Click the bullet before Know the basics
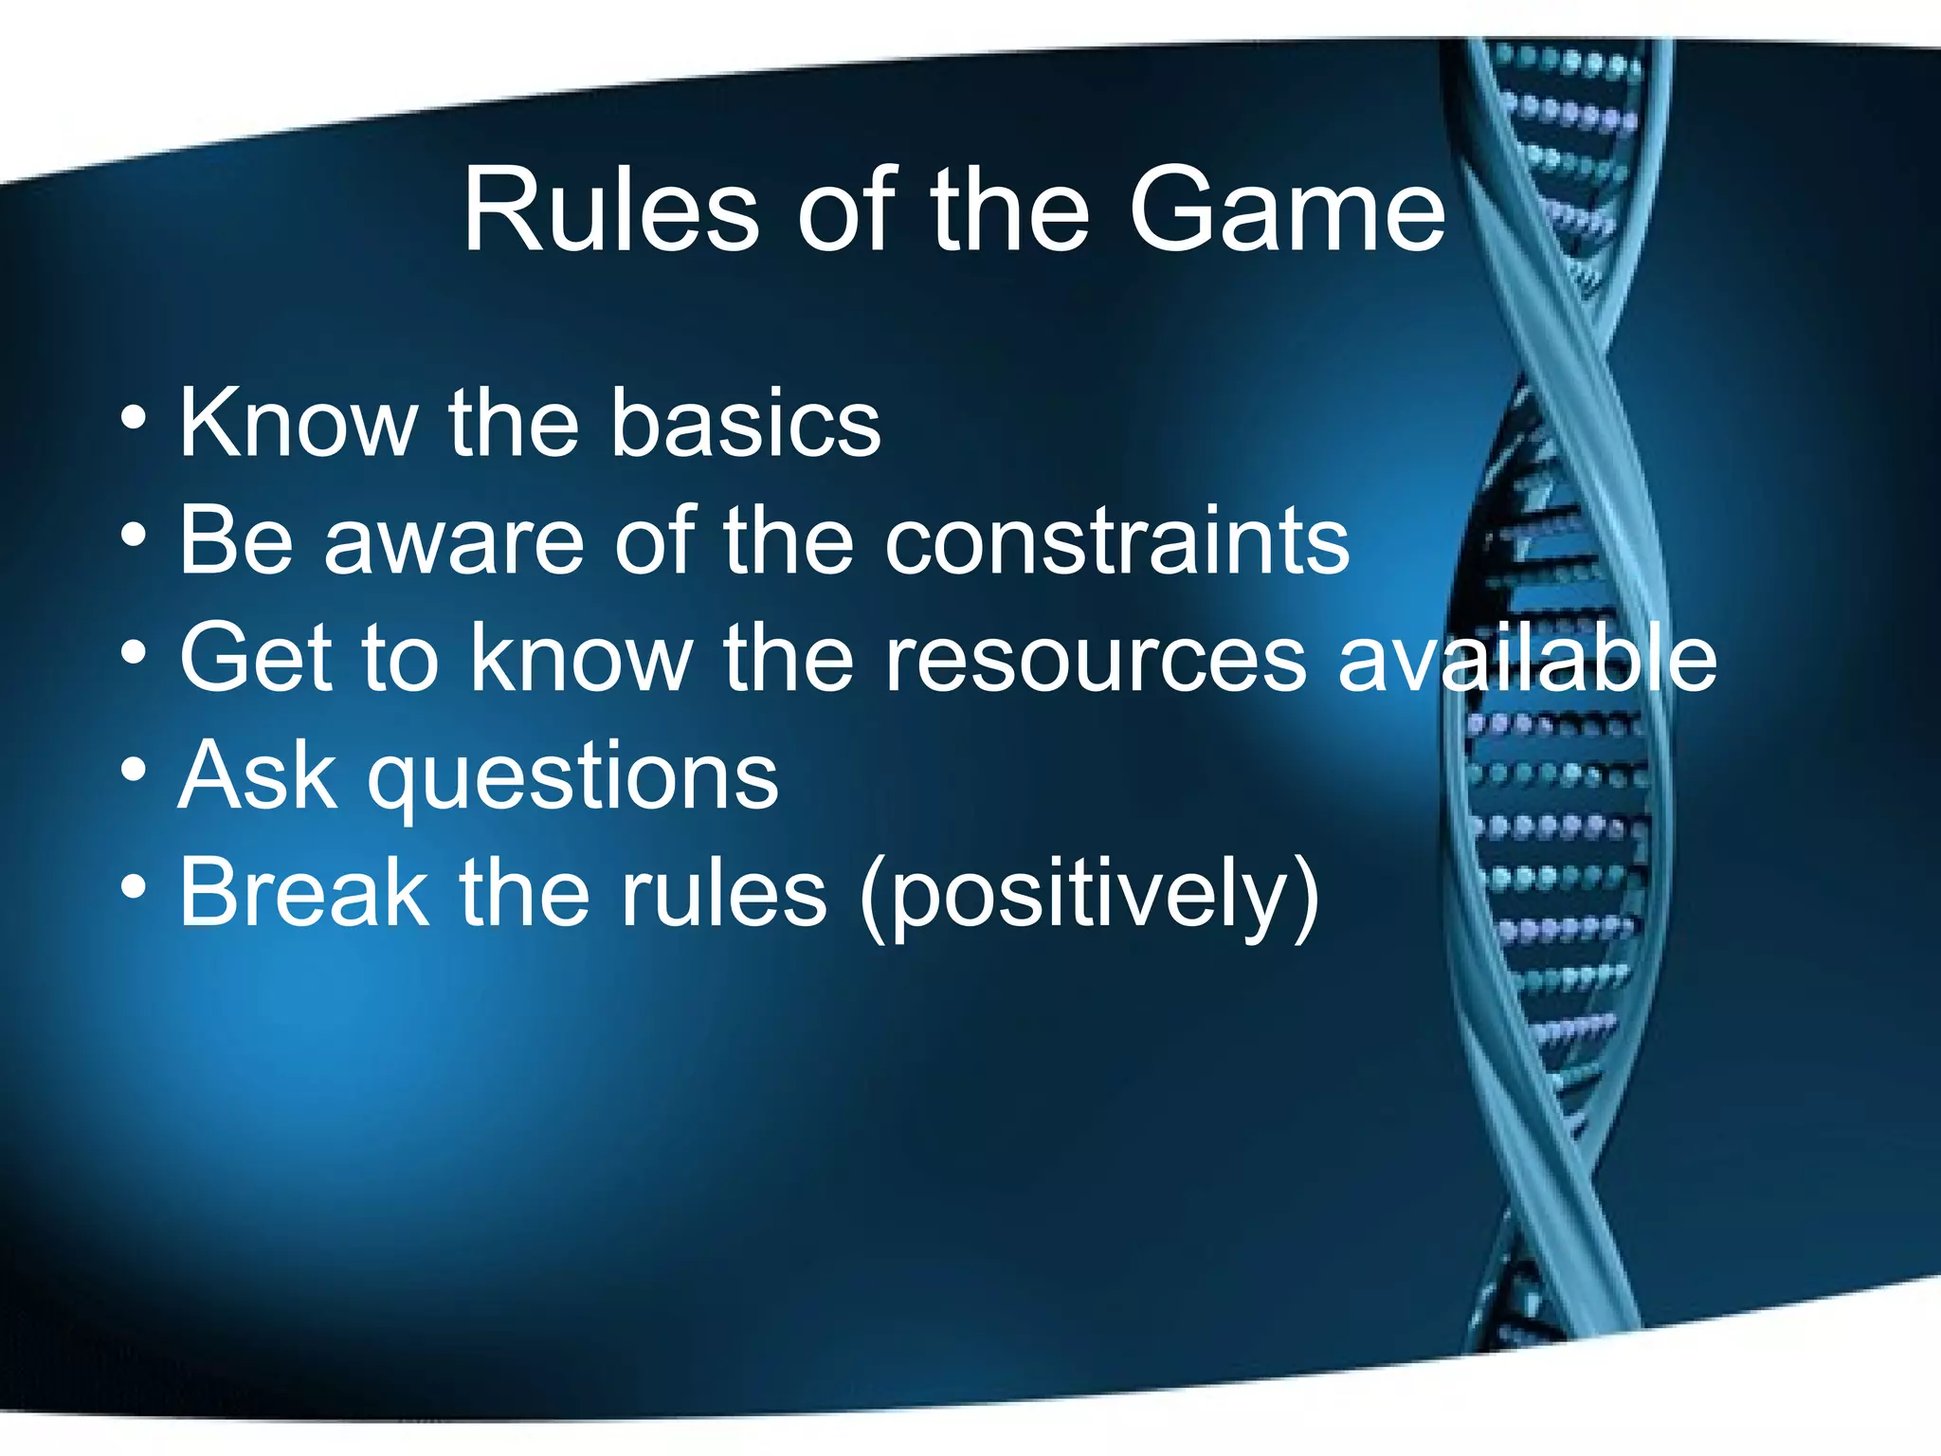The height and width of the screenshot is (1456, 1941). [x=134, y=417]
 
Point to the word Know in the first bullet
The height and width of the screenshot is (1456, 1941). [x=299, y=424]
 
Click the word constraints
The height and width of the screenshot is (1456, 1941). [x=1116, y=541]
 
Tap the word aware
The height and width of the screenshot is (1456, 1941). [x=454, y=541]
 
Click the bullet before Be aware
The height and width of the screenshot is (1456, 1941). [x=134, y=536]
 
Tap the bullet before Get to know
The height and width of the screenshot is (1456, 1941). [x=134, y=653]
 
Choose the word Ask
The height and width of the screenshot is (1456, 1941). [x=257, y=777]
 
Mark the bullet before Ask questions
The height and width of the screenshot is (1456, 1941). [x=134, y=770]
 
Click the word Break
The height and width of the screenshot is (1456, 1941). [x=303, y=893]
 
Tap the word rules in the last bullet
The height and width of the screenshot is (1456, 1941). [x=723, y=893]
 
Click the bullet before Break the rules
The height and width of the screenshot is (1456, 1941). [x=134, y=887]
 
